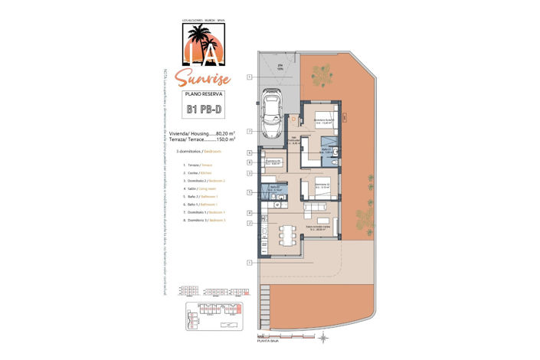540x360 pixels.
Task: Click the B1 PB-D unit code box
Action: click(203, 109)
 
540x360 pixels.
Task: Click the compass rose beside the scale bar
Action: click(324, 336)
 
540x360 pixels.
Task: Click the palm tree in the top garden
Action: click(321, 76)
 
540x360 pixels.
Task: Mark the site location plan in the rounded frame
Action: click(214, 314)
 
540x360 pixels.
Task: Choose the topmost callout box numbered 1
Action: click(250, 77)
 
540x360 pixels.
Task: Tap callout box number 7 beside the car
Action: click(250, 131)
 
